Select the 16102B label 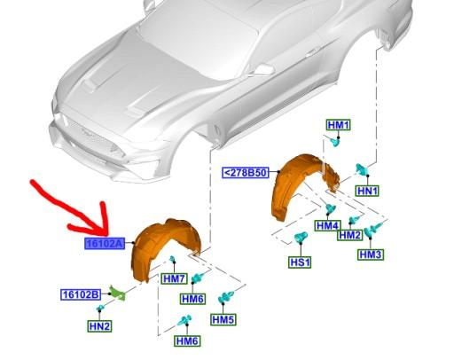pyautogui.click(x=81, y=294)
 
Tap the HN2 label pyautogui.click(x=99, y=325)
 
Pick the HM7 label pyautogui.click(x=174, y=278)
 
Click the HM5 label pyautogui.click(x=223, y=319)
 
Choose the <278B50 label pyautogui.click(x=244, y=172)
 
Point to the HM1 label pyautogui.click(x=339, y=125)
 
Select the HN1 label pyautogui.click(x=367, y=190)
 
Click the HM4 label pyautogui.click(x=327, y=226)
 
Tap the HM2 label pyautogui.click(x=349, y=235)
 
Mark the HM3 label pyautogui.click(x=371, y=254)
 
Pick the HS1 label pyautogui.click(x=300, y=262)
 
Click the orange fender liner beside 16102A pyautogui.click(x=164, y=244)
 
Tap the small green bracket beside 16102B pyautogui.click(x=115, y=291)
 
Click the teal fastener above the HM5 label pyautogui.click(x=223, y=300)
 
